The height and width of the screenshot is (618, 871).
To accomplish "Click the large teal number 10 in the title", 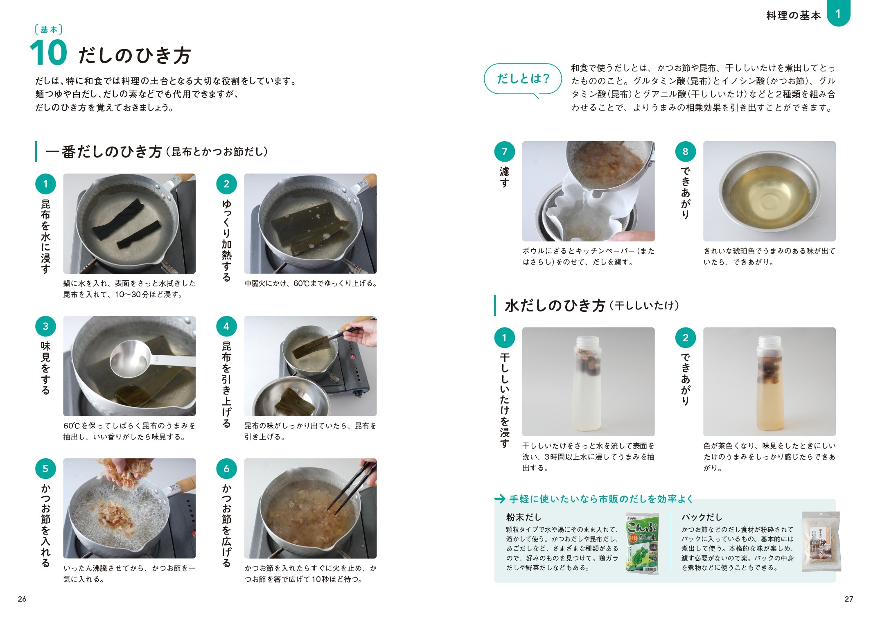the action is click(48, 53).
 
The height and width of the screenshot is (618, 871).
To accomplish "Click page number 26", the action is click(22, 599).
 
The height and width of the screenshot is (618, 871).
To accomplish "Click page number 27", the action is click(849, 599).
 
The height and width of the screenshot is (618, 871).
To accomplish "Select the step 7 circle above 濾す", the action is click(505, 151).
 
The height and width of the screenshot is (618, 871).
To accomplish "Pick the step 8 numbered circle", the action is click(686, 151).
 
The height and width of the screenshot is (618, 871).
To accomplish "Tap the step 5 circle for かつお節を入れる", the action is click(45, 469).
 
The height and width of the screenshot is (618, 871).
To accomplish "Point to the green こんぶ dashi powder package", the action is click(642, 543).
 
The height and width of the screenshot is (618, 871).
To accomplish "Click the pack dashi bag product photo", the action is click(821, 541).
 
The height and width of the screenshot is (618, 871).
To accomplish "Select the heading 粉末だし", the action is click(524, 517).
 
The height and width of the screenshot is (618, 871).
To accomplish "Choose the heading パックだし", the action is click(702, 517).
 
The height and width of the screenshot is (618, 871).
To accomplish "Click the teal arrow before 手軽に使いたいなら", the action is click(500, 499).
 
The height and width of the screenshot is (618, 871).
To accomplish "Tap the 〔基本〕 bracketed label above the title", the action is click(49, 29).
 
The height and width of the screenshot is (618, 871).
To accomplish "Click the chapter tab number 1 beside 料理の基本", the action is click(838, 14).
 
